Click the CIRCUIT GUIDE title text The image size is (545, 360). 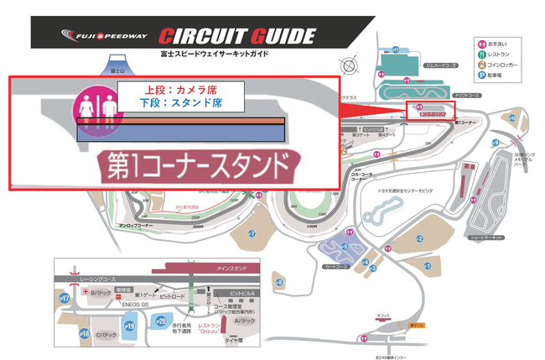point(237,36)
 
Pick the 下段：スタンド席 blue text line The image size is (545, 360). point(180,105)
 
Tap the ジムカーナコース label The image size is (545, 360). point(416,64)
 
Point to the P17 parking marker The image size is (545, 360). point(64,298)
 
